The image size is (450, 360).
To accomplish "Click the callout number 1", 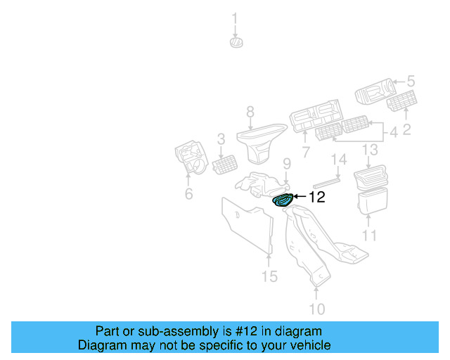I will (x=235, y=18).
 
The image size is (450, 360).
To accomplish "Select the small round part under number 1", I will (x=236, y=43).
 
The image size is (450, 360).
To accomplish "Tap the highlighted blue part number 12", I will (x=283, y=200).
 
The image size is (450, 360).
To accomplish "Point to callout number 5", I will (x=411, y=82).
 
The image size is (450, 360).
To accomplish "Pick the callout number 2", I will (x=406, y=129).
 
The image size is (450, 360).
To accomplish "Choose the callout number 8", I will (x=249, y=112).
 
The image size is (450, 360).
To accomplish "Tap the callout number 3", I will (x=220, y=139).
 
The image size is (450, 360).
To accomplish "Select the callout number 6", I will (x=188, y=193).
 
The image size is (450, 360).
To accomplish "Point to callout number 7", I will (x=306, y=152).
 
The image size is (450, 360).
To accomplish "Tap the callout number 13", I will (x=370, y=150).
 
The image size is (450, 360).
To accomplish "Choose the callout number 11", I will (x=370, y=236).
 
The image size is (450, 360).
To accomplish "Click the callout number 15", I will (x=270, y=276).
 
